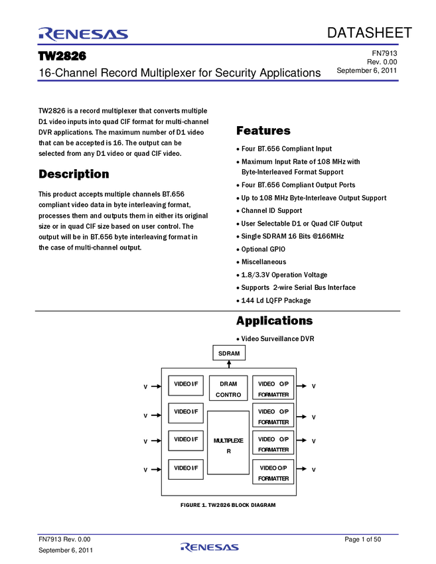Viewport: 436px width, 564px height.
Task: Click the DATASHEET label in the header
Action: click(x=368, y=33)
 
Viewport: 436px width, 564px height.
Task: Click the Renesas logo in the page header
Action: click(x=84, y=34)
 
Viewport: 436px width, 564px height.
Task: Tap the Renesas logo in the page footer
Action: click(x=209, y=547)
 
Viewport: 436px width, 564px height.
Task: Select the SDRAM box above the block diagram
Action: click(x=229, y=353)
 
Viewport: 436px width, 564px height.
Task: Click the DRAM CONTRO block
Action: click(x=228, y=389)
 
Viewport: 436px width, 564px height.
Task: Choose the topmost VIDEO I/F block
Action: click(x=186, y=385)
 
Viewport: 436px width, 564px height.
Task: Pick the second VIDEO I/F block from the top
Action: click(x=186, y=413)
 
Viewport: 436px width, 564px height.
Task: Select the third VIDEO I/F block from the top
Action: click(x=186, y=440)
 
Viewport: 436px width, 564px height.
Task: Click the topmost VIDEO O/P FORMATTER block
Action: click(x=273, y=389)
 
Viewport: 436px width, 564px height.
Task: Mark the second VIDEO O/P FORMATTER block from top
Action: click(x=273, y=416)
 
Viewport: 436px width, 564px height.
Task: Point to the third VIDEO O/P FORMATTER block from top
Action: click(x=273, y=444)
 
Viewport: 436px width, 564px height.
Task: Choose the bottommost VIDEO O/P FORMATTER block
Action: click(x=273, y=472)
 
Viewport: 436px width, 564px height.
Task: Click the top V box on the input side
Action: click(x=145, y=386)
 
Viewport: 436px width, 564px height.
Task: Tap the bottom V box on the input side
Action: click(x=145, y=469)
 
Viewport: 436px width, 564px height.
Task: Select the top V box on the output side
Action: click(x=313, y=386)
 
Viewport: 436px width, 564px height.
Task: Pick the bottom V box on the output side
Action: click(x=313, y=469)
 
